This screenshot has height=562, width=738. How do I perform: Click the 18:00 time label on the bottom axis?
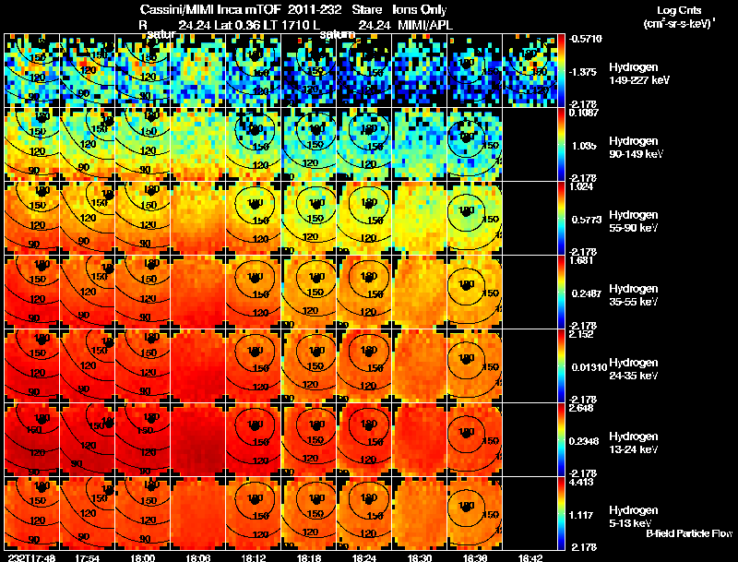(x=144, y=556)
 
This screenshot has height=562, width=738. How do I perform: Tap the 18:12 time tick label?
(x=255, y=556)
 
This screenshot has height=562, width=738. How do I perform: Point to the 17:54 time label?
(x=88, y=556)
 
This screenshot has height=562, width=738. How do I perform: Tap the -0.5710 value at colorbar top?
(x=587, y=39)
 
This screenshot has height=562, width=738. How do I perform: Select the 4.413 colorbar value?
(x=584, y=481)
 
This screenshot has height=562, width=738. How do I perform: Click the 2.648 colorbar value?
(x=584, y=407)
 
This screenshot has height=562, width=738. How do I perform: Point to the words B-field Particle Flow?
(x=688, y=533)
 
